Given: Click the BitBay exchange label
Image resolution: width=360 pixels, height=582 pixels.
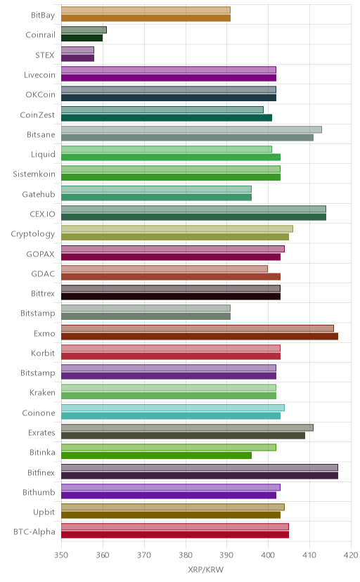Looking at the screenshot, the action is [x=43, y=15].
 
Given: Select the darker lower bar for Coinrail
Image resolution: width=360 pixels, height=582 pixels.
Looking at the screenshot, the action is [x=82, y=38].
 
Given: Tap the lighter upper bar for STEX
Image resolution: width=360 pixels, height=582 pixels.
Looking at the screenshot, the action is [x=77, y=50].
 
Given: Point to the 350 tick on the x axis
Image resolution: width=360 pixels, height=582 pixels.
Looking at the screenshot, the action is [x=61, y=555].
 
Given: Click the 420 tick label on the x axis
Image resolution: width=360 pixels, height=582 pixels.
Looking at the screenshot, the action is [x=351, y=555].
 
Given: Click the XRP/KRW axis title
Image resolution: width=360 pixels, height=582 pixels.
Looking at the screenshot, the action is [x=205, y=570].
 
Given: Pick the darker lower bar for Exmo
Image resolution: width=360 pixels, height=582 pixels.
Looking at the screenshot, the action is [x=200, y=336].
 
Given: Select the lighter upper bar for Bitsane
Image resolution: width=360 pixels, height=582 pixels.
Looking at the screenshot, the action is [x=191, y=129].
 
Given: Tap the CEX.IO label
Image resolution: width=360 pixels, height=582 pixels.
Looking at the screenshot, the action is [x=42, y=214].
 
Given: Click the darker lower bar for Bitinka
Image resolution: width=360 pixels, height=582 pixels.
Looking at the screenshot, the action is [x=156, y=455].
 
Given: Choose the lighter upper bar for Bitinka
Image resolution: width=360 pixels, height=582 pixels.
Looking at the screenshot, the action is [x=169, y=448].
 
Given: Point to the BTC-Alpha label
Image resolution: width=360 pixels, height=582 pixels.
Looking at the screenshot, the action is [x=34, y=532].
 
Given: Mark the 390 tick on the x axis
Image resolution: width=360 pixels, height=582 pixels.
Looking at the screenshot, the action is [x=227, y=555].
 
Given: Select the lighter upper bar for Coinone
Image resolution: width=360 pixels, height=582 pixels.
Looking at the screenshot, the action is [x=173, y=408].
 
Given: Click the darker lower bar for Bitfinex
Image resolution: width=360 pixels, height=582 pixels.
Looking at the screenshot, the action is [x=200, y=475].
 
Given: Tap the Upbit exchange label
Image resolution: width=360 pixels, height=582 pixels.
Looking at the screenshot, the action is [x=44, y=512].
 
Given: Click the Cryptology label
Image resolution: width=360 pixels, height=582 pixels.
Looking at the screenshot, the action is [x=32, y=234].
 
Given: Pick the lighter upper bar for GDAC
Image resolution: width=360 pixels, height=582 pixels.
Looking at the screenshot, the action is [x=165, y=269].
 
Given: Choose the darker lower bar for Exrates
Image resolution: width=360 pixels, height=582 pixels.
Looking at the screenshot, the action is [x=183, y=436].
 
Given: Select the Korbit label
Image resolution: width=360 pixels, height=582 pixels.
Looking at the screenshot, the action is [x=43, y=354].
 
